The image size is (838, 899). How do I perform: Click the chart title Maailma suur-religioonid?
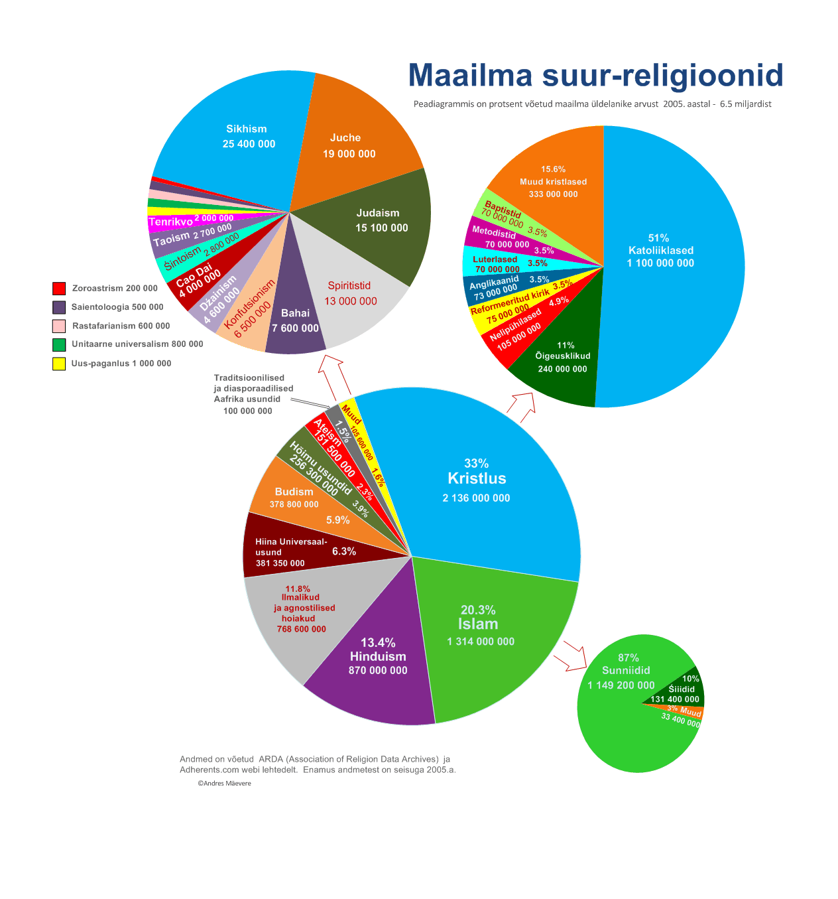point(595,75)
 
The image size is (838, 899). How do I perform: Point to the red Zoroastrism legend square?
point(59,289)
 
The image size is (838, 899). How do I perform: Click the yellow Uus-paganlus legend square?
point(59,364)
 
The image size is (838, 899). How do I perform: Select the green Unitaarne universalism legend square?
point(59,345)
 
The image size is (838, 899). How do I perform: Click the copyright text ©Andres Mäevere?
point(224,784)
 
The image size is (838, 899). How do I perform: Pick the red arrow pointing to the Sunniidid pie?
point(573,656)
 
